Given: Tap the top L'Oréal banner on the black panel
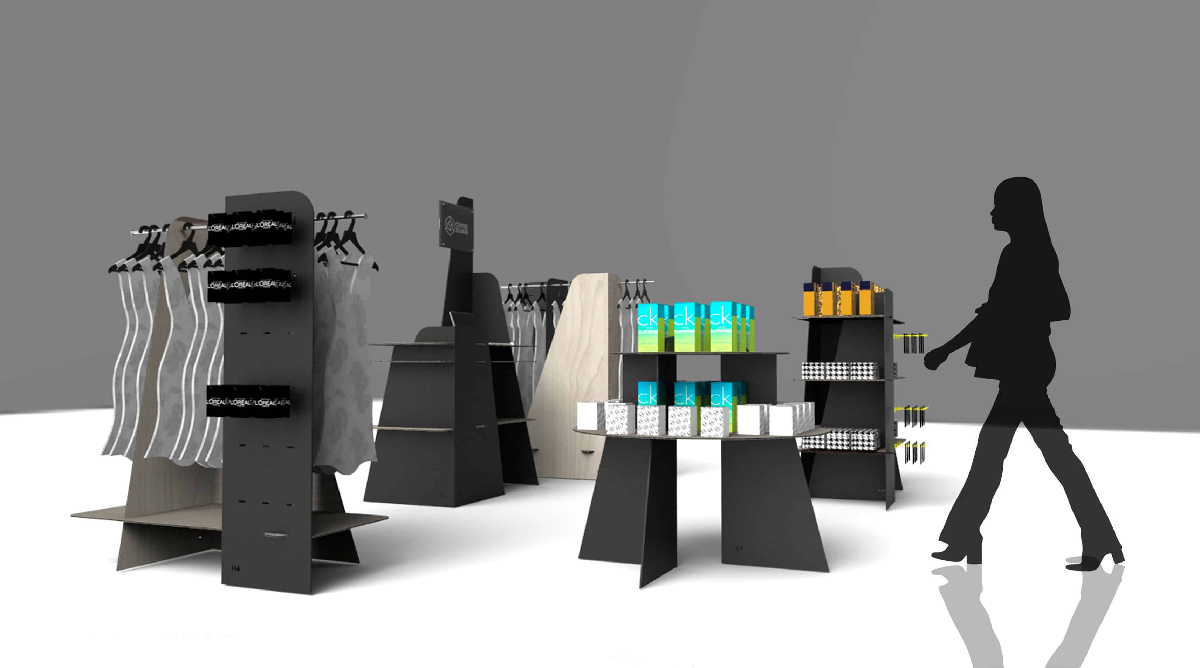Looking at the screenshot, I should pyautogui.click(x=250, y=229).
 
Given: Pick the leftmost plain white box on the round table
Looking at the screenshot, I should pyautogui.click(x=591, y=416).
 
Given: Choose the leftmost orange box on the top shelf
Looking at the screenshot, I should pyautogui.click(x=811, y=298).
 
